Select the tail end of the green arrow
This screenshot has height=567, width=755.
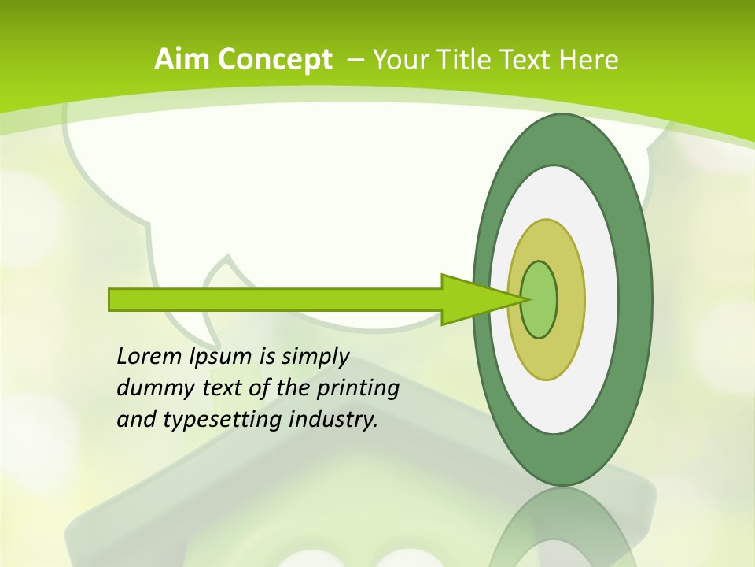(x=114, y=299)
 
